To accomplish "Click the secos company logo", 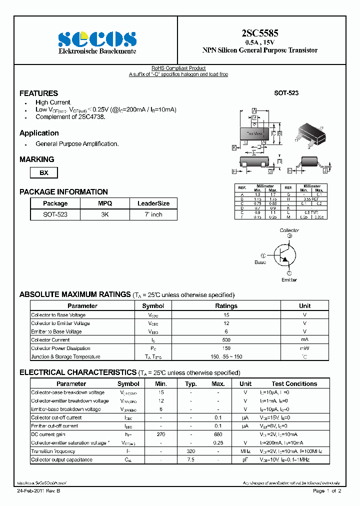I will (97, 39).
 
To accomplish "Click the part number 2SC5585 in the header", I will (259, 33).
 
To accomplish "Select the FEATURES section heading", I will (38, 93).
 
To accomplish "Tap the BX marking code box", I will (44, 172).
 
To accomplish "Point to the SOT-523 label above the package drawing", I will (286, 93).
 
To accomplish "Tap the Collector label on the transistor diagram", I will (289, 230).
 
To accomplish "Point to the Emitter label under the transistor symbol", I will (288, 279).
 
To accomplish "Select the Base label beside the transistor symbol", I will (260, 262).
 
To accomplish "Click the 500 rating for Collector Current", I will (226, 340).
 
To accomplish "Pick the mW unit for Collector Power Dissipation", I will (304, 348).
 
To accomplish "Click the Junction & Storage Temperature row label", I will (65, 357).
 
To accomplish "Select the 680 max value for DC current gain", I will (217, 434).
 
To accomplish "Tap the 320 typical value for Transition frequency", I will (190, 451).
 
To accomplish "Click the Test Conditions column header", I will (294, 384).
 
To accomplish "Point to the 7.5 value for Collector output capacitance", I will (190, 459).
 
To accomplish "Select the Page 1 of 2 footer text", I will (326, 491).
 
